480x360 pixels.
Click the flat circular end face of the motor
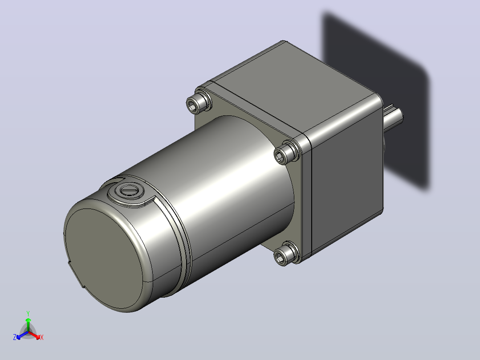point(104,258)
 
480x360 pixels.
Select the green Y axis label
point(28,313)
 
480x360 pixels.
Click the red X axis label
point(42,337)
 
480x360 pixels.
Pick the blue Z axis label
point(15,337)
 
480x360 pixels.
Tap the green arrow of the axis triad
point(28,324)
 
